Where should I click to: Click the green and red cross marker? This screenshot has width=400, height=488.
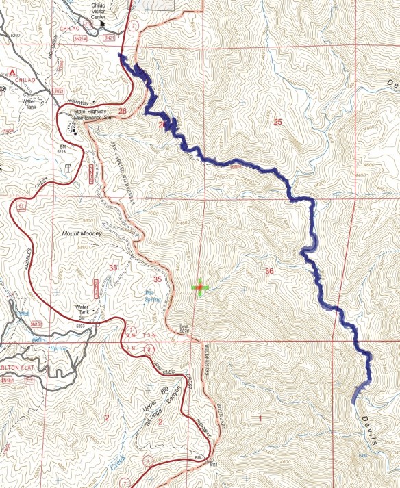click(x=199, y=288)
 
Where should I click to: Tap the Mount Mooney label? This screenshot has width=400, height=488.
click(x=81, y=233)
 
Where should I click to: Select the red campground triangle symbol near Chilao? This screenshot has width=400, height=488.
click(x=12, y=72)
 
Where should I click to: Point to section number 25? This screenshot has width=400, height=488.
click(x=277, y=123)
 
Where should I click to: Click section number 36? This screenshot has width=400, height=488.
click(x=269, y=272)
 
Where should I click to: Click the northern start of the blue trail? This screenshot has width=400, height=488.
click(x=121, y=56)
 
